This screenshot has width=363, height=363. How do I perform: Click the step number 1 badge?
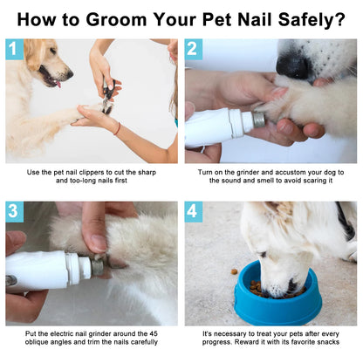pyautogui.click(x=14, y=50)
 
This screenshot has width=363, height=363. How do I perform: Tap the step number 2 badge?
pyautogui.click(x=194, y=50)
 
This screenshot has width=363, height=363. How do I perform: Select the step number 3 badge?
pyautogui.click(x=14, y=212)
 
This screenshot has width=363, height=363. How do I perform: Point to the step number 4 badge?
pyautogui.click(x=194, y=212)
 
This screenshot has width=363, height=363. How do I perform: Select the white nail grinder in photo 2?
pyautogui.click(x=218, y=125)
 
